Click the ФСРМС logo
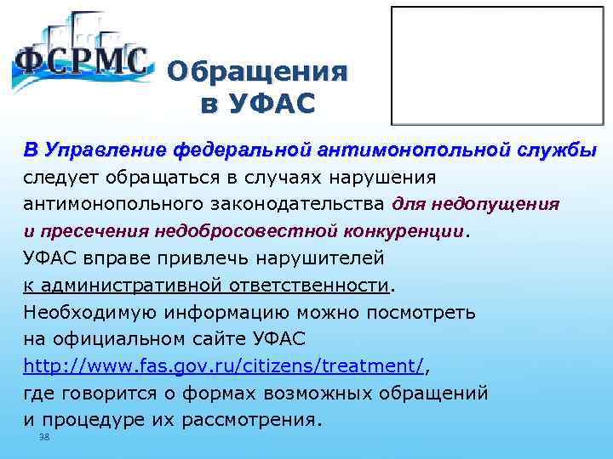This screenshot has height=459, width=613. coord(81,59)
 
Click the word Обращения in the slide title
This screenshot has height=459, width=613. coord(258,72)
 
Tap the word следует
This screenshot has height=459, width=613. coord(60,178)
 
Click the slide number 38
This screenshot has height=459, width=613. coord(44,437)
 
